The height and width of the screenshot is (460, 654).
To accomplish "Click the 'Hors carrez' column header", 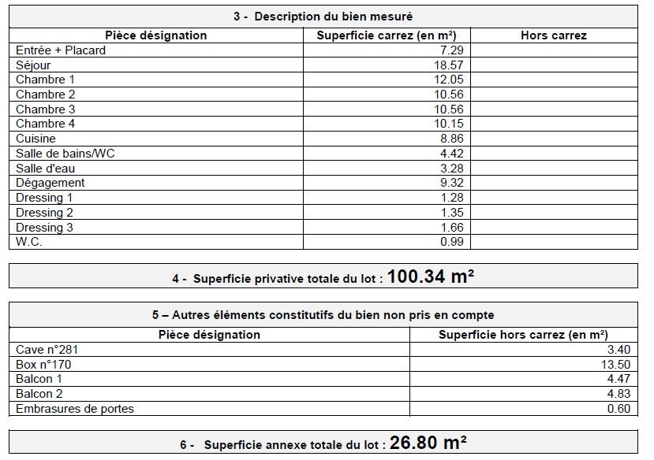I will pyautogui.click(x=553, y=35).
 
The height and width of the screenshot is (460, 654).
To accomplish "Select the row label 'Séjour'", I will pyautogui.click(x=33, y=65).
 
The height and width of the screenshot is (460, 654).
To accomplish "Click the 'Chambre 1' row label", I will pyautogui.click(x=46, y=80).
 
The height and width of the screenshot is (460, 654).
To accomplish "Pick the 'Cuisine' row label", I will pyautogui.click(x=36, y=139).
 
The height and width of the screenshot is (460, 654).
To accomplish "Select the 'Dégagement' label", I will pyautogui.click(x=50, y=183).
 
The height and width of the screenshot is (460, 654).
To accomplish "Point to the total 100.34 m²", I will pyautogui.click(x=431, y=276).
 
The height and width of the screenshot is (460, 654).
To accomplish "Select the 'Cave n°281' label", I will pyautogui.click(x=47, y=350).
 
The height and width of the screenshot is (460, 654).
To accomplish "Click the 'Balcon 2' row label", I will pyautogui.click(x=39, y=394).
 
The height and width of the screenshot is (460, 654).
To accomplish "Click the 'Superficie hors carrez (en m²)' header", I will pyautogui.click(x=523, y=335).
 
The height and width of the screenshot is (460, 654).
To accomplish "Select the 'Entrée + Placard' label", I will pyautogui.click(x=61, y=50).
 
